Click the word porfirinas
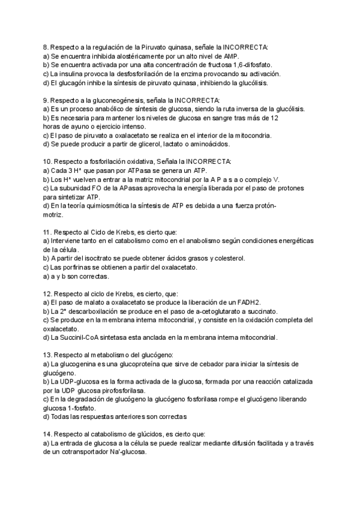71,268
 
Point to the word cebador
229,364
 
